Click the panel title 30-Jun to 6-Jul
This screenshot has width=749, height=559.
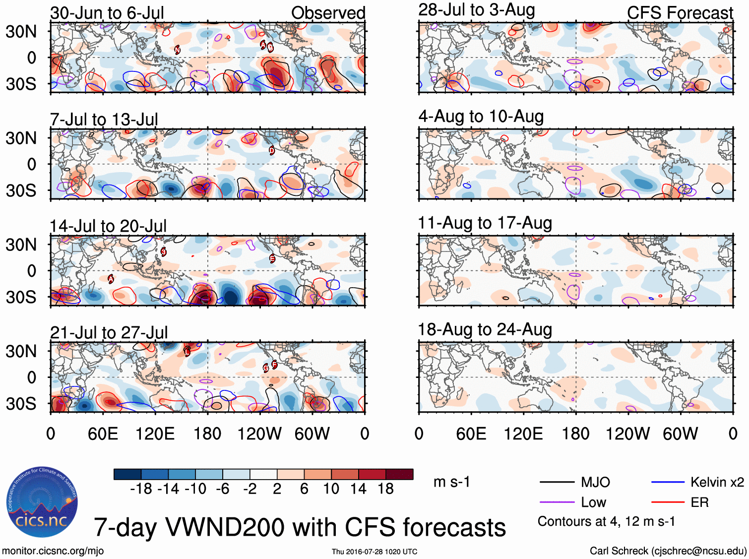(x=107, y=13)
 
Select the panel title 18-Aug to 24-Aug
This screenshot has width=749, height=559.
(x=485, y=329)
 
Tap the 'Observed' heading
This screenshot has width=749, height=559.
(x=328, y=13)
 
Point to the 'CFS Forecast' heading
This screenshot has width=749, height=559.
(x=680, y=13)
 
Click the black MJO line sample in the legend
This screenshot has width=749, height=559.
(x=557, y=482)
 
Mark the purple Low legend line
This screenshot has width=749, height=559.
(x=557, y=502)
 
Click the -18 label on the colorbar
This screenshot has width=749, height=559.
(x=141, y=489)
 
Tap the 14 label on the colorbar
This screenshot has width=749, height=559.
(x=358, y=489)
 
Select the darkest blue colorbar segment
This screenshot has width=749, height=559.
(x=127, y=474)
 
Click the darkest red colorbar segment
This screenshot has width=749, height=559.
(x=399, y=474)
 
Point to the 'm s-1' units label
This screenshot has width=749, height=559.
(x=451, y=482)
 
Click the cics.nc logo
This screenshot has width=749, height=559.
(x=42, y=502)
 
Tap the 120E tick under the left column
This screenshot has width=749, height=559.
(x=155, y=434)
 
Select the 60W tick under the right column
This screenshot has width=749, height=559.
(x=680, y=434)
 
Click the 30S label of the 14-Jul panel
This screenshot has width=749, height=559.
(x=21, y=297)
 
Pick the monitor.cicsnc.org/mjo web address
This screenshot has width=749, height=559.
(x=53, y=551)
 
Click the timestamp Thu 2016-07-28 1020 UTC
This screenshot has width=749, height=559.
(x=374, y=552)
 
